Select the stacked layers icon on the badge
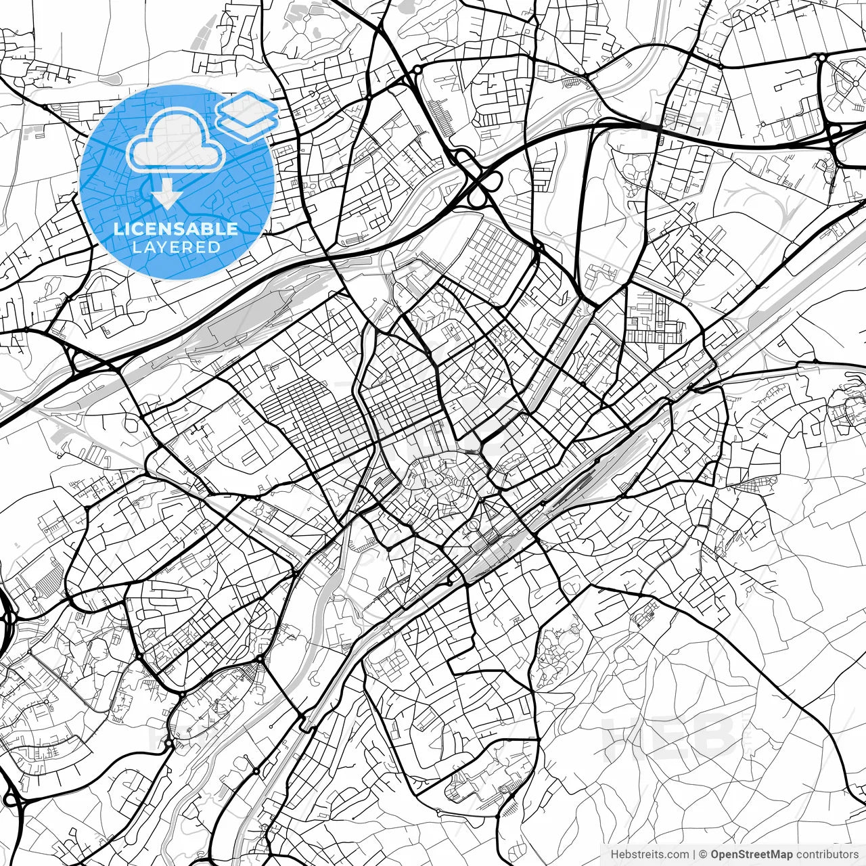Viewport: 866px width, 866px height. (247, 115)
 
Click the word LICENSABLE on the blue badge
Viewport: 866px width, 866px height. (176, 229)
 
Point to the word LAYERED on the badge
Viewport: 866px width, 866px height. (176, 248)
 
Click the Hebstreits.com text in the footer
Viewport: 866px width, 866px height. (649, 854)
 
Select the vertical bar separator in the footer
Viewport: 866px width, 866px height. (694, 854)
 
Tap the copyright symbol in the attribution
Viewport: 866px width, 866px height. (704, 854)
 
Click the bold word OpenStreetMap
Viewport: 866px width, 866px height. (752, 854)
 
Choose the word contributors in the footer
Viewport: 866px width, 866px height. (827, 854)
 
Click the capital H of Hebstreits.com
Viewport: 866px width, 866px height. (614, 854)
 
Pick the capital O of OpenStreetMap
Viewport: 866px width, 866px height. (715, 854)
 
